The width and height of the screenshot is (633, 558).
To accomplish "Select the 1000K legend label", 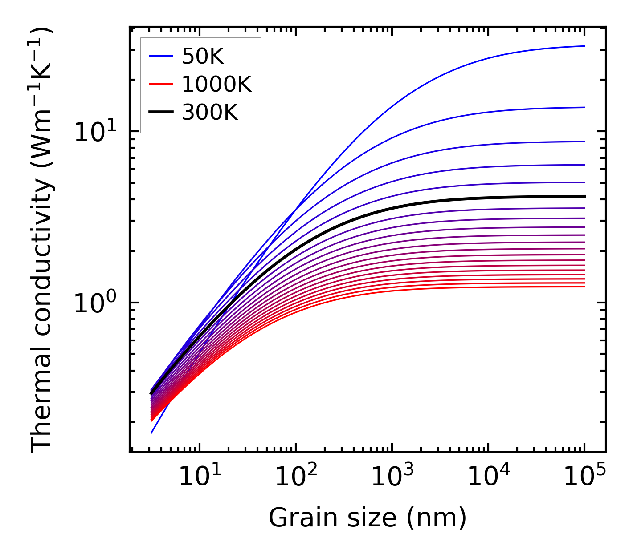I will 216,84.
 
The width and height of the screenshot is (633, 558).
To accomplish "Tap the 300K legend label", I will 210,113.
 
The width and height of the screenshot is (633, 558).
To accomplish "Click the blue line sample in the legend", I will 160,56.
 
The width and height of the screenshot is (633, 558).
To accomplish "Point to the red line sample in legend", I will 160,84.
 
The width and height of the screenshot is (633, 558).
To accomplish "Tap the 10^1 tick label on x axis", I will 199,477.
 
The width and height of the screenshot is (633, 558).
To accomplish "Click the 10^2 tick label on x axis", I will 295,477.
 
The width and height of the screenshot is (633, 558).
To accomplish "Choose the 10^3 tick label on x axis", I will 392,477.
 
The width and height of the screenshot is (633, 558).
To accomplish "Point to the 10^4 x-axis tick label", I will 488,477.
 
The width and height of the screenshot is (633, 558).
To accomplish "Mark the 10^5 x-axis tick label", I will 584,477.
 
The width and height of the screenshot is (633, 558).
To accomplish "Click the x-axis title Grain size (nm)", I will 368,518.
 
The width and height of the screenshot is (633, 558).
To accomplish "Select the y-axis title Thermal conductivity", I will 42,239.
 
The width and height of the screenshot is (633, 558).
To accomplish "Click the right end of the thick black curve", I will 584,196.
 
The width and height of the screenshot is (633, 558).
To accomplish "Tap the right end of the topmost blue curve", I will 584,46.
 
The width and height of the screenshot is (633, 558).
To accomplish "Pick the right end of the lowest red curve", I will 584,287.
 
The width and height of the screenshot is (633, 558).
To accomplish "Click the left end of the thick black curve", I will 151,393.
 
